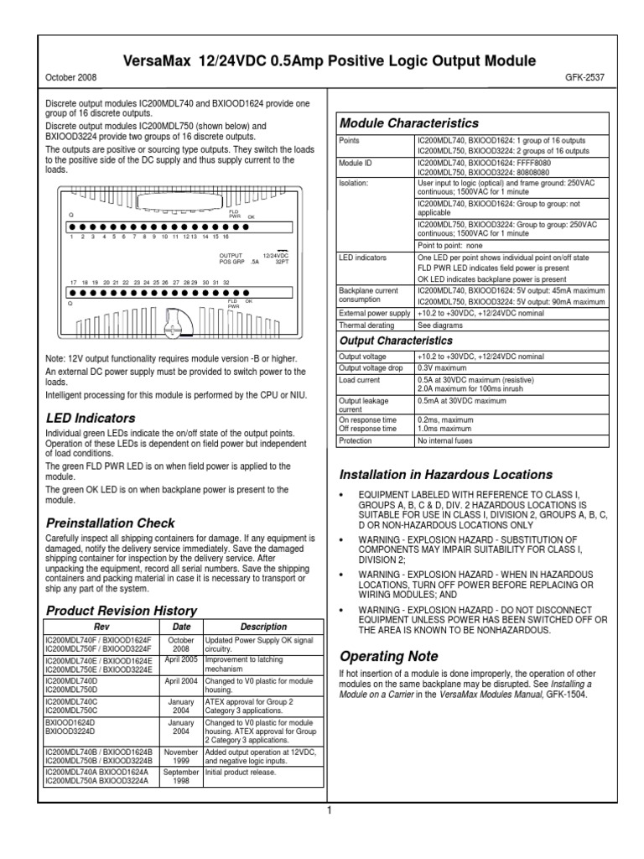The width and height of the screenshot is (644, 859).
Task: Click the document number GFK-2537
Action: (585, 77)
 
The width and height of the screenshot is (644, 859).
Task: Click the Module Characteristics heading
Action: (408, 123)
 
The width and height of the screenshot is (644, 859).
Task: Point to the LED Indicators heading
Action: (90, 418)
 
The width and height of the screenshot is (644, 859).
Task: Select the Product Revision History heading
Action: (121, 610)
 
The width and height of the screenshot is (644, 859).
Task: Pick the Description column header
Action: (263, 627)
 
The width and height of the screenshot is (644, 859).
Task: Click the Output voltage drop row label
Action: (374, 367)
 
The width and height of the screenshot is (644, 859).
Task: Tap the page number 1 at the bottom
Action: (330, 810)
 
